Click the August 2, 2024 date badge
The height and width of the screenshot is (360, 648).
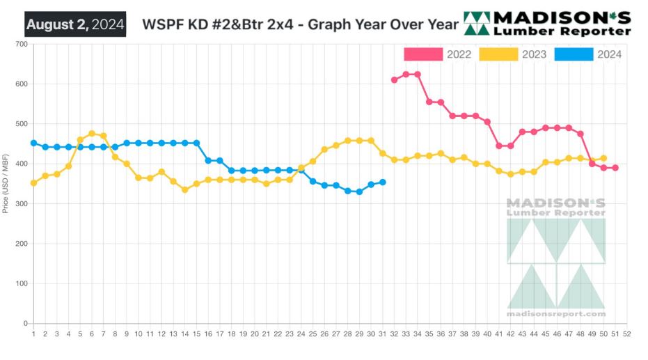click(75, 25)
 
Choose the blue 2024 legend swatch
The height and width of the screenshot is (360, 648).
click(574, 54)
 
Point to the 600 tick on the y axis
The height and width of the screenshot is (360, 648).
click(21, 84)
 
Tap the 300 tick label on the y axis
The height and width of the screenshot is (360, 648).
click(21, 204)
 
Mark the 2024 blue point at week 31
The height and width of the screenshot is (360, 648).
click(383, 182)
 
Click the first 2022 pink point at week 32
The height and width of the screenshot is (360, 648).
click(394, 80)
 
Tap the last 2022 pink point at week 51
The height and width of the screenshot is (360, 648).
click(615, 168)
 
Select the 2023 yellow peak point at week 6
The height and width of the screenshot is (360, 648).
click(92, 134)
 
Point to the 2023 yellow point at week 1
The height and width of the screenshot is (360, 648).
click(33, 183)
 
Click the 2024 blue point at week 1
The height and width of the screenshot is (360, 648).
click(33, 143)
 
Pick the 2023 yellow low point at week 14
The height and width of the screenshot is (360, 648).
click(185, 189)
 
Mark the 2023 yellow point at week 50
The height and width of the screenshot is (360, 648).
click(603, 158)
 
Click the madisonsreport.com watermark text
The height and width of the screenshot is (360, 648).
click(556, 314)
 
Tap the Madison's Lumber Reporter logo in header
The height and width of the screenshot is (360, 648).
click(547, 23)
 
